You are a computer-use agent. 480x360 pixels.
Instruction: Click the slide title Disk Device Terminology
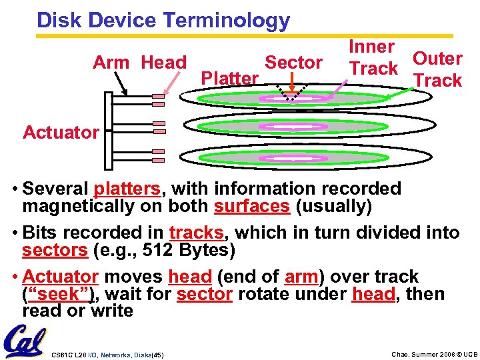coord(163,20)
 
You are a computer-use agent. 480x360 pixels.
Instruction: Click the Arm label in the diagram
coord(111,63)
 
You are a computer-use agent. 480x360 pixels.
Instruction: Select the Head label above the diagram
coord(164,63)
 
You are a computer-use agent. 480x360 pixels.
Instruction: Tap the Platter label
coord(229,79)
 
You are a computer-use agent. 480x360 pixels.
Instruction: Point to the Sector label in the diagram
coord(293,63)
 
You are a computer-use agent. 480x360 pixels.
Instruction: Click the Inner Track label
coord(373,57)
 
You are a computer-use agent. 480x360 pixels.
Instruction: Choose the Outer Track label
coord(437,69)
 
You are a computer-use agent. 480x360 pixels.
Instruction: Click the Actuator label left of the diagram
coord(60,132)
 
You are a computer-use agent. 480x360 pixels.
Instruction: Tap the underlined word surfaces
coord(252,207)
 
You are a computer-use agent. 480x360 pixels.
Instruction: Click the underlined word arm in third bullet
coord(301,276)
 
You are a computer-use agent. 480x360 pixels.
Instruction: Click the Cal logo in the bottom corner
coord(24,341)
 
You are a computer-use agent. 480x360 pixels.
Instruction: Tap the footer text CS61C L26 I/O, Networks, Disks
coord(107,353)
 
